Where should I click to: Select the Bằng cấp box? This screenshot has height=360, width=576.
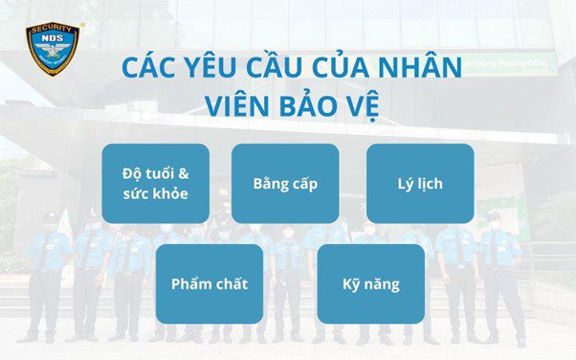[x=285, y=183]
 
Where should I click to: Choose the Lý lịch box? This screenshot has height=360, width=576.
[x=420, y=183]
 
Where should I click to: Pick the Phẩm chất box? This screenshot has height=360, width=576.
[x=209, y=283]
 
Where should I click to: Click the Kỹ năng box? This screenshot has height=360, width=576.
[x=370, y=283]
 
